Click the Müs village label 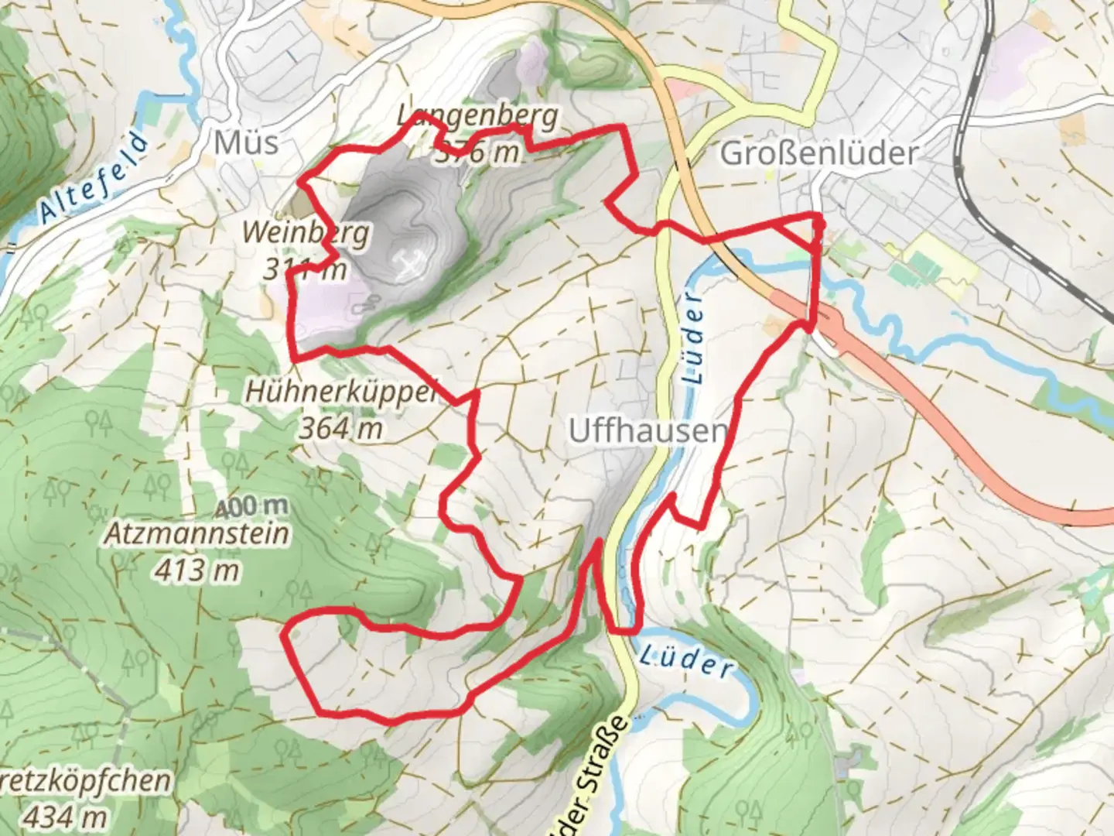[245, 142]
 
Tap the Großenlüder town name [818, 153]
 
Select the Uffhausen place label [648, 431]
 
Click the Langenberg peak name [477, 117]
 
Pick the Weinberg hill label [306, 232]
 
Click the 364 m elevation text [341, 427]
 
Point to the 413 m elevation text [197, 570]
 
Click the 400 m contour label [251, 507]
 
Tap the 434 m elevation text [65, 815]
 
